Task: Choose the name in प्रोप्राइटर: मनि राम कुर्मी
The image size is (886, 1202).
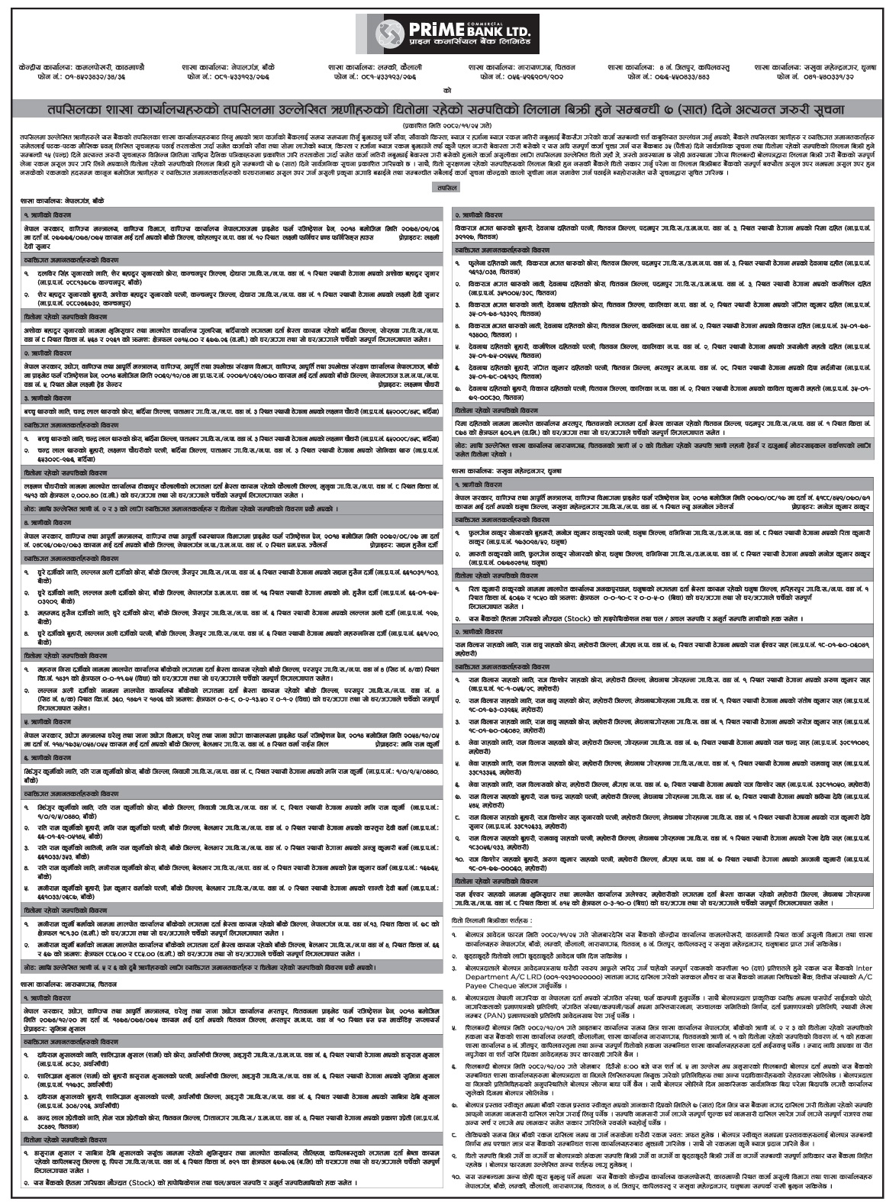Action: pos(413,742)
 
